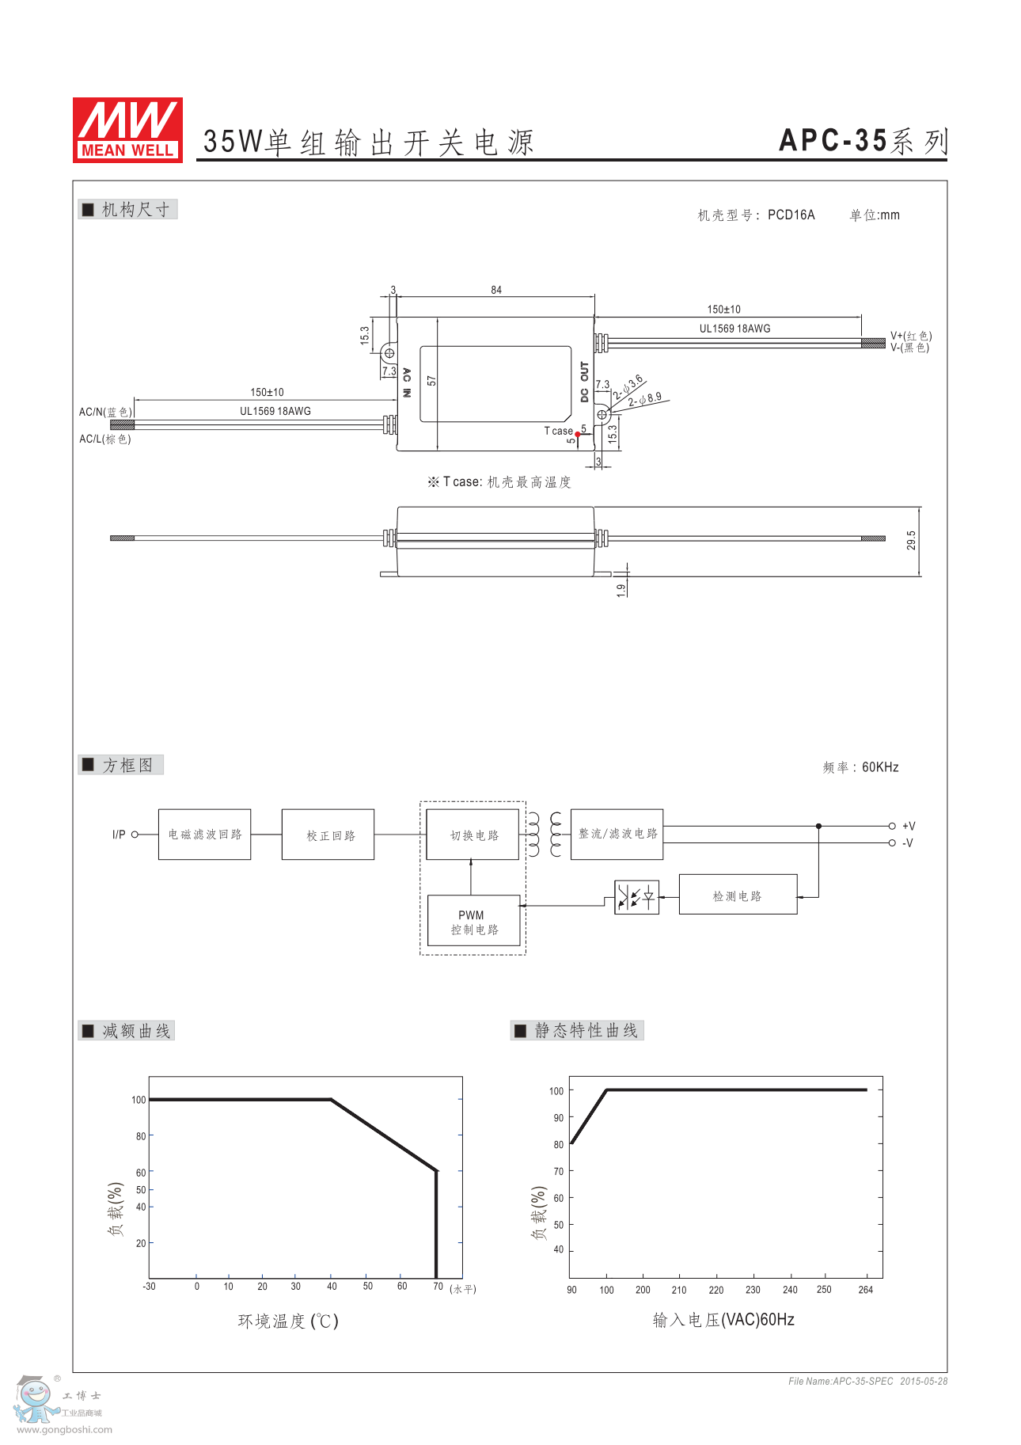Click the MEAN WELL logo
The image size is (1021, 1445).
127,130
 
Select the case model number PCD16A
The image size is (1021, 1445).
791,215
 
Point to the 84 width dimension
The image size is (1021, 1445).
496,290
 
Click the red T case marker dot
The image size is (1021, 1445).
578,434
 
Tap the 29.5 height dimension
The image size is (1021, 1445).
911,540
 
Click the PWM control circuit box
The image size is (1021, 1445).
473,922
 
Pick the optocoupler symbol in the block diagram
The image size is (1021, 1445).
636,897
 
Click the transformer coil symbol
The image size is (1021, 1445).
545,834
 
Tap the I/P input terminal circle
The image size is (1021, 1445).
135,835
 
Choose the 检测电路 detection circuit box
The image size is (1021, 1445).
738,896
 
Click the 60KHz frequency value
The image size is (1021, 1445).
880,767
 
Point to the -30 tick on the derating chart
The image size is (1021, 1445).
149,1287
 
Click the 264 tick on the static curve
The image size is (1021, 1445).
866,1290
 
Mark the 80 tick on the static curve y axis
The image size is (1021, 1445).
559,1144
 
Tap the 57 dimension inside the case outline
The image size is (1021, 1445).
431,381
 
